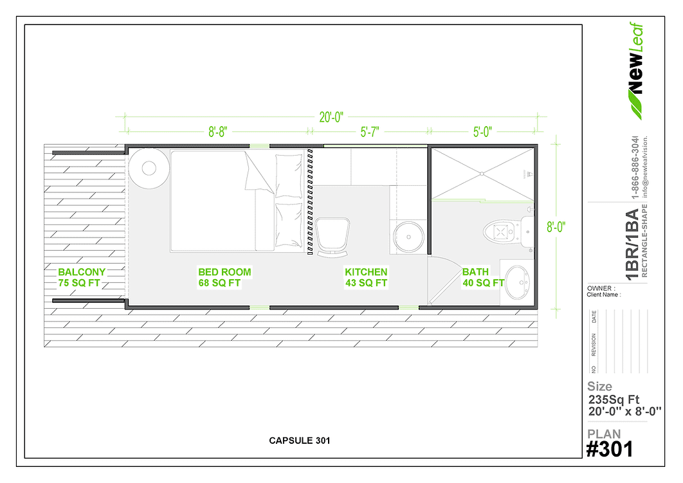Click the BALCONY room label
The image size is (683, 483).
pyautogui.click(x=82, y=272)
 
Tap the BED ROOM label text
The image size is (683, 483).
pyautogui.click(x=224, y=272)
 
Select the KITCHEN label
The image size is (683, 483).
pyautogui.click(x=366, y=272)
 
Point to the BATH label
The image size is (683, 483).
pyautogui.click(x=475, y=272)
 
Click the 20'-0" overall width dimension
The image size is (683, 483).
pyautogui.click(x=332, y=117)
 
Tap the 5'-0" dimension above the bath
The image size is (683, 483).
pyautogui.click(x=482, y=132)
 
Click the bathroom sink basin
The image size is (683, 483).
pyautogui.click(x=516, y=282)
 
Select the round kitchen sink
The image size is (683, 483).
pyautogui.click(x=407, y=237)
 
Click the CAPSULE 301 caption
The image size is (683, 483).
pyautogui.click(x=300, y=441)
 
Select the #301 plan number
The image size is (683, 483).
pyautogui.click(x=609, y=448)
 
